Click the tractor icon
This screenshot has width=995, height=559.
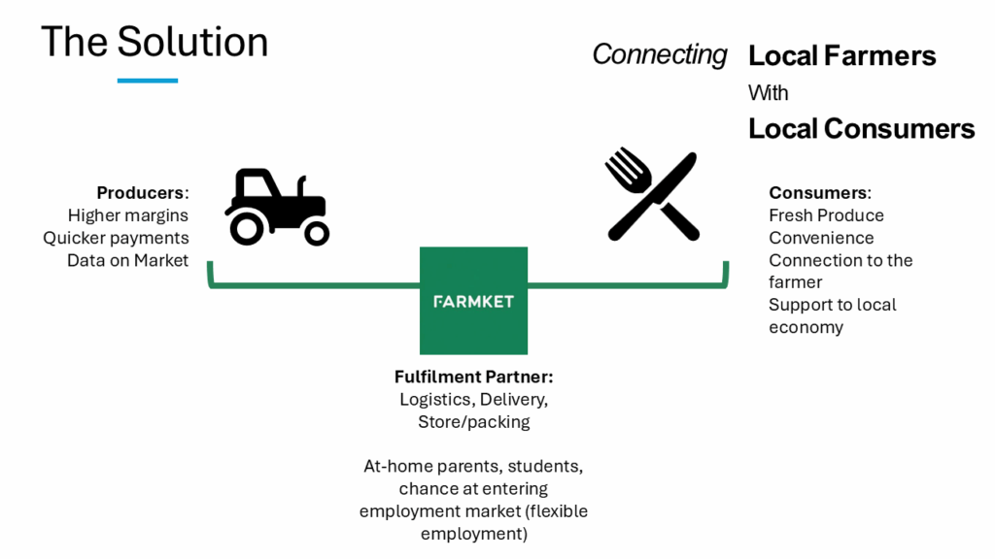click(x=277, y=206)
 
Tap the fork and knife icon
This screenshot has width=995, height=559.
click(x=652, y=195)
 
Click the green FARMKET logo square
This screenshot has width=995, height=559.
click(x=473, y=301)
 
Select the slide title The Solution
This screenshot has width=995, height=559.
click(x=154, y=42)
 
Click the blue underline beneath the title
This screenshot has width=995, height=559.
click(x=148, y=81)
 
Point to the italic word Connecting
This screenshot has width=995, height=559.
click(x=660, y=54)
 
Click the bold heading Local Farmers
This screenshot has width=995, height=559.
click(x=841, y=55)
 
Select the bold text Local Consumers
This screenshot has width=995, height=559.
click(x=861, y=128)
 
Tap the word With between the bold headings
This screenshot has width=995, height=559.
click(x=768, y=93)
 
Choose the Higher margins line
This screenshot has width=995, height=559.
click(x=128, y=215)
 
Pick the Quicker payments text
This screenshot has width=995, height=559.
click(x=116, y=238)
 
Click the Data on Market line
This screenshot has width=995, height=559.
click(x=127, y=260)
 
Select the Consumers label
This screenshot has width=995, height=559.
click(x=820, y=192)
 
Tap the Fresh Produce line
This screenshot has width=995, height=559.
click(x=826, y=215)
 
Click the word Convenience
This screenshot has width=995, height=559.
click(x=821, y=238)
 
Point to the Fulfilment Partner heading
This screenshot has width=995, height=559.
click(x=473, y=378)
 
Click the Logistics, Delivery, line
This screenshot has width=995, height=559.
click(x=473, y=400)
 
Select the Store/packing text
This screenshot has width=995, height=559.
click(x=473, y=422)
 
